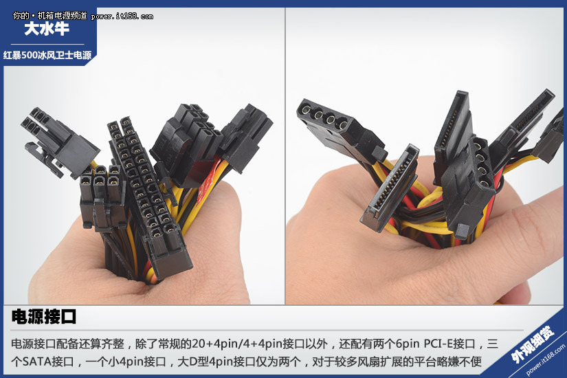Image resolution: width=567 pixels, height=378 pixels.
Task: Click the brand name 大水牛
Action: [x=47, y=29]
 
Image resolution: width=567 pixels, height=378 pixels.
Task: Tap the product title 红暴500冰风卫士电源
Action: [x=47, y=55]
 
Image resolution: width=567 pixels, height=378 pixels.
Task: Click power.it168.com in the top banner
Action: [x=122, y=16]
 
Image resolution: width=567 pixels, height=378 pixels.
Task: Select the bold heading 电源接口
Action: [x=44, y=317]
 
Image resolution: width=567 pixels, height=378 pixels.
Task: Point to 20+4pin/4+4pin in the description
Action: [x=236, y=344]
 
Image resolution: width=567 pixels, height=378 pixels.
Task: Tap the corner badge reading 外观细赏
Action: [x=532, y=343]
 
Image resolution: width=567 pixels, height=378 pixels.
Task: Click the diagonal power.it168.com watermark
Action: [x=545, y=360]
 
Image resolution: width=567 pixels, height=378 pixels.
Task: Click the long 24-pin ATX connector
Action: [x=149, y=195]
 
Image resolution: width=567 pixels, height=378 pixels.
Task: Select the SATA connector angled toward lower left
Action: [x=390, y=188]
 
